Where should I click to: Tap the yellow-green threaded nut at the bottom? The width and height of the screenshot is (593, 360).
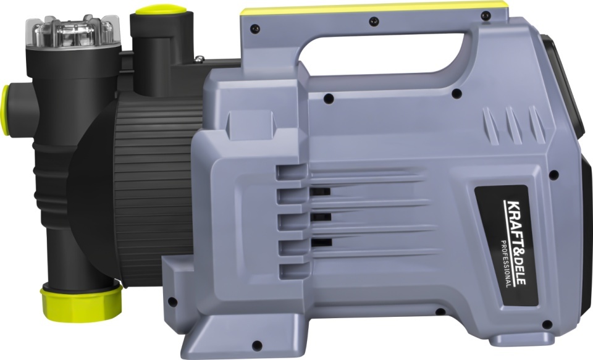pos(82,302)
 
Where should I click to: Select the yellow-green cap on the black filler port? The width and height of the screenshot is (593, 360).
pos(161,9)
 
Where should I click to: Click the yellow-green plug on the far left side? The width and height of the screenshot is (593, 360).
pos(5,110)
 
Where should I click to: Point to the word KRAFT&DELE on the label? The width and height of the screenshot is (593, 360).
pos(515,242)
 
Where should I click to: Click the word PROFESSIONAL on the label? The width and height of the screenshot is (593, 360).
pos(507,264)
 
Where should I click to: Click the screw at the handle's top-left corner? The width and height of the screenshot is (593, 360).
pos(255,29)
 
